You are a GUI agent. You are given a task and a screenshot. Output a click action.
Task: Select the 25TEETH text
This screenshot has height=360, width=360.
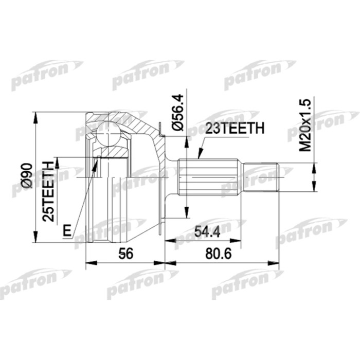49,191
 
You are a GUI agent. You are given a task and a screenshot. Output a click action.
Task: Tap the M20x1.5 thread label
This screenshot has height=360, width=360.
306,125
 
